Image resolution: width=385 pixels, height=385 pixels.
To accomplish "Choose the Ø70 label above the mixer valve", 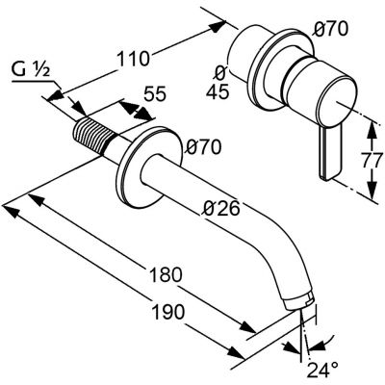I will [x=331, y=29].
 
